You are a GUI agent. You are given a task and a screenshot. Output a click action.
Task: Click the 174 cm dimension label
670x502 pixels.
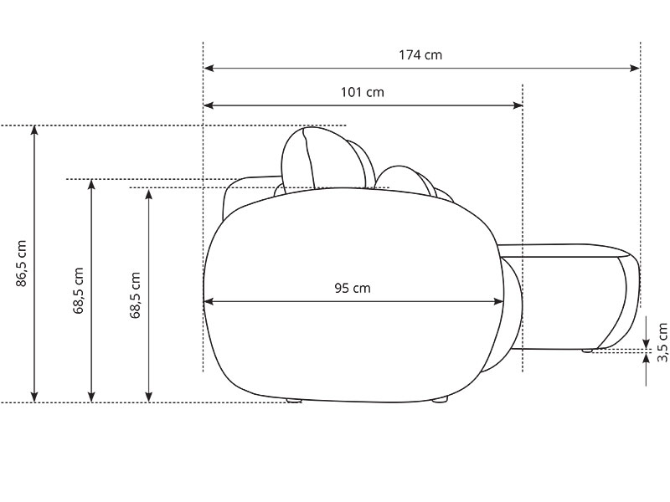click(x=420, y=55)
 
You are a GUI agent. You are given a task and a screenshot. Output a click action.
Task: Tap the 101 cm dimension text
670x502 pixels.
click(x=363, y=92)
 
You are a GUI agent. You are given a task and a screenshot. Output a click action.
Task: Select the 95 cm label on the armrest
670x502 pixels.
click(x=353, y=288)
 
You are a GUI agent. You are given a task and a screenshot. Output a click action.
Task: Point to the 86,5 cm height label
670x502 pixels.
click(x=22, y=264)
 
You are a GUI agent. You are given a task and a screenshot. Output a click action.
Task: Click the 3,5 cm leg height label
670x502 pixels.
click(x=662, y=342)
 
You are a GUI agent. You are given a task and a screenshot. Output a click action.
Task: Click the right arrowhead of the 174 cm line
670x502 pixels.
click(x=635, y=68)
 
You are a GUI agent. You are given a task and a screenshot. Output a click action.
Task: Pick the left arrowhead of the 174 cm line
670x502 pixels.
click(x=209, y=68)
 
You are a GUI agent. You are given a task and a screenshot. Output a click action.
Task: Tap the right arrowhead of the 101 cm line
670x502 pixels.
click(x=518, y=105)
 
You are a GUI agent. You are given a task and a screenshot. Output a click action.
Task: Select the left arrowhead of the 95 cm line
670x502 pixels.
click(x=209, y=302)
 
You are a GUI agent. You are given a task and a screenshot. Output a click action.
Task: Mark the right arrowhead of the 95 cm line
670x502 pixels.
click(x=498, y=302)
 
